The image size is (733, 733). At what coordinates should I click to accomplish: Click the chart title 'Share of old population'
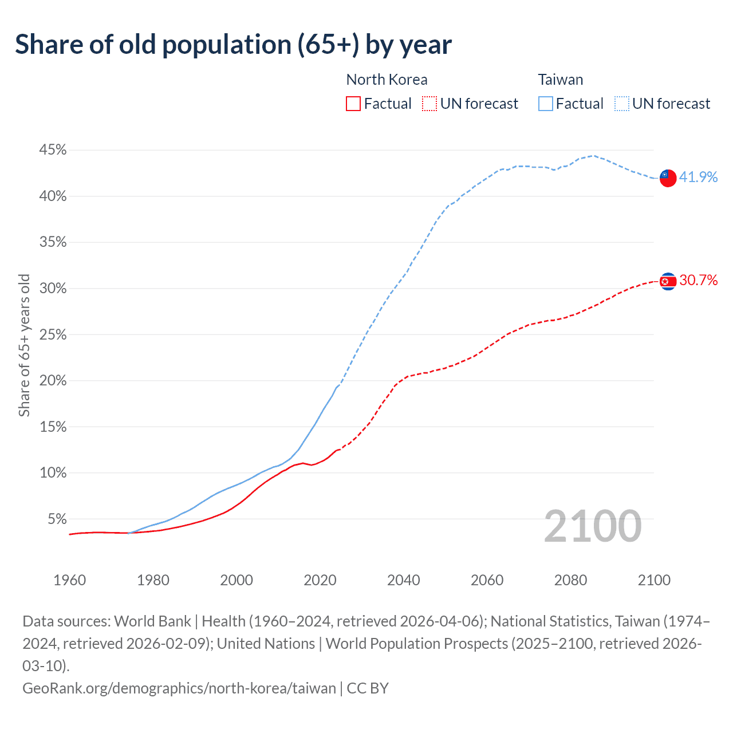click(233, 45)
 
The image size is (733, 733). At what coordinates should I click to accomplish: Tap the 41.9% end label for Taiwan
click(698, 177)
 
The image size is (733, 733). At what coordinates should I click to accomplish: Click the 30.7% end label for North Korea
click(698, 280)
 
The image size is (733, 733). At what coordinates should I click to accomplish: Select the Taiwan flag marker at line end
click(668, 178)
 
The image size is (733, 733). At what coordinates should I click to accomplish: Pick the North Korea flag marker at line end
click(668, 281)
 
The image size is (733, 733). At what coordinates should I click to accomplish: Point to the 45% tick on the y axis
click(53, 150)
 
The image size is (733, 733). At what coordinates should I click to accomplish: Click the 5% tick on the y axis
click(57, 519)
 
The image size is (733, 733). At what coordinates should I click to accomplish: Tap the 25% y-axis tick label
click(53, 335)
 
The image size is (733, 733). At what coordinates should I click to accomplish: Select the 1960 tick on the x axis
click(69, 580)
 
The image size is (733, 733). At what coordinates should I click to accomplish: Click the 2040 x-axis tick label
click(403, 580)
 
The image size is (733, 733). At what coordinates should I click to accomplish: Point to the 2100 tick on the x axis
click(654, 580)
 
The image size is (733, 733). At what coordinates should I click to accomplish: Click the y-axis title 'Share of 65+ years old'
click(24, 345)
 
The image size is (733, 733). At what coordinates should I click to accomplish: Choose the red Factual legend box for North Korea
click(353, 104)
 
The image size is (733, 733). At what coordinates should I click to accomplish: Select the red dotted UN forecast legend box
click(429, 104)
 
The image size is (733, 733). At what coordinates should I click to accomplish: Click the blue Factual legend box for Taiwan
click(546, 104)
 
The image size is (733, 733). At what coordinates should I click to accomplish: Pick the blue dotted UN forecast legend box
click(622, 104)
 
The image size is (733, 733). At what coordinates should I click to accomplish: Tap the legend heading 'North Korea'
click(387, 80)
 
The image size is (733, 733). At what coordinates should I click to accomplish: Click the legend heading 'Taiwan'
click(560, 80)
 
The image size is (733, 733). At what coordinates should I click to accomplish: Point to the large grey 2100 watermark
click(592, 526)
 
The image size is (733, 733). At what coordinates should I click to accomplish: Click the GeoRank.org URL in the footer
click(179, 688)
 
